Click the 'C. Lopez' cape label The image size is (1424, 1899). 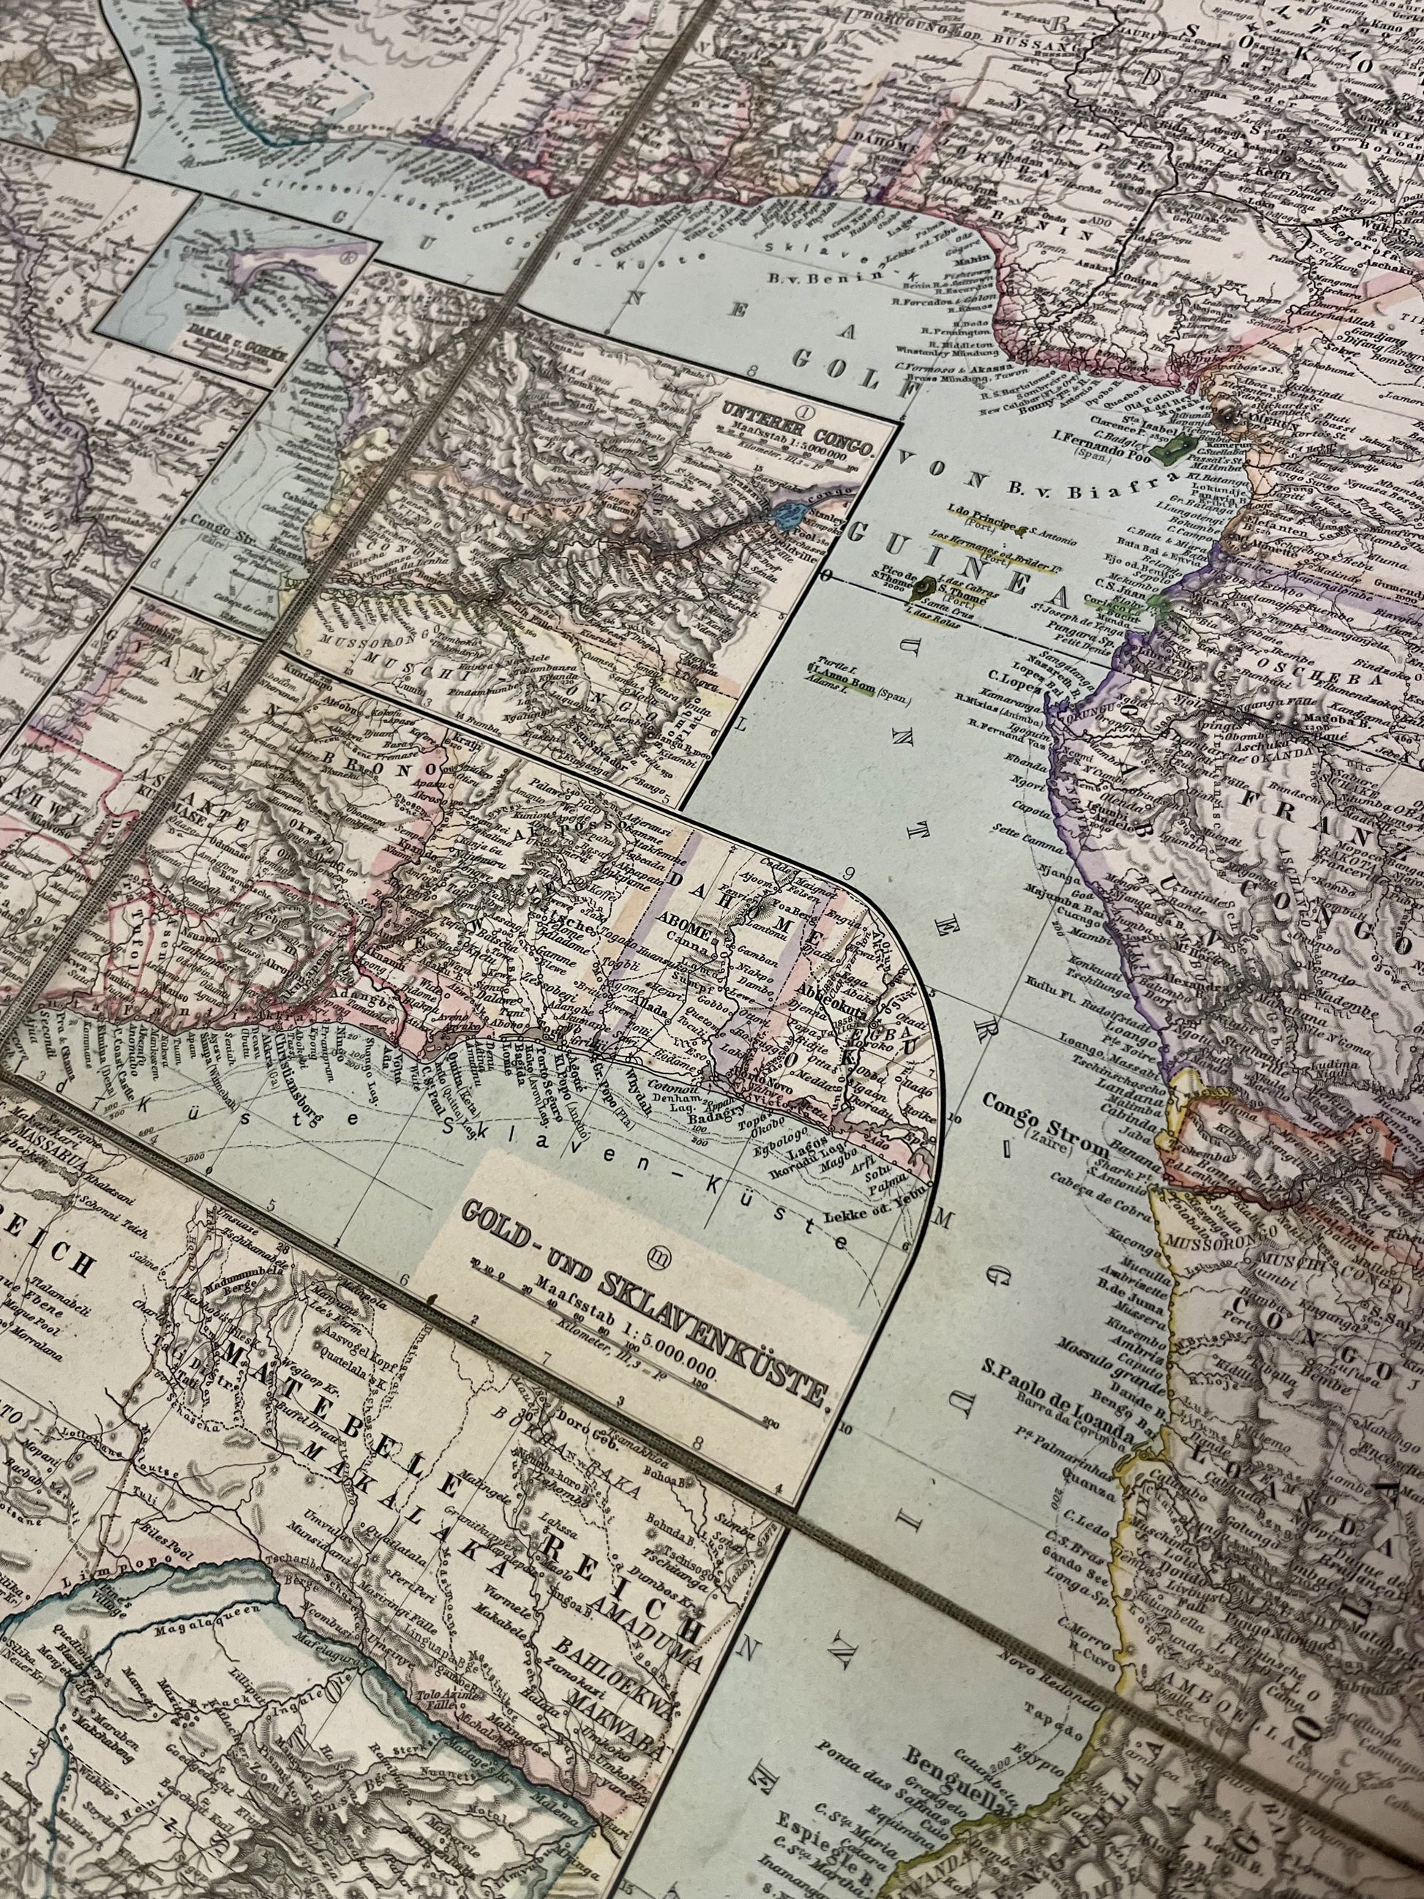[x=1013, y=683]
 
